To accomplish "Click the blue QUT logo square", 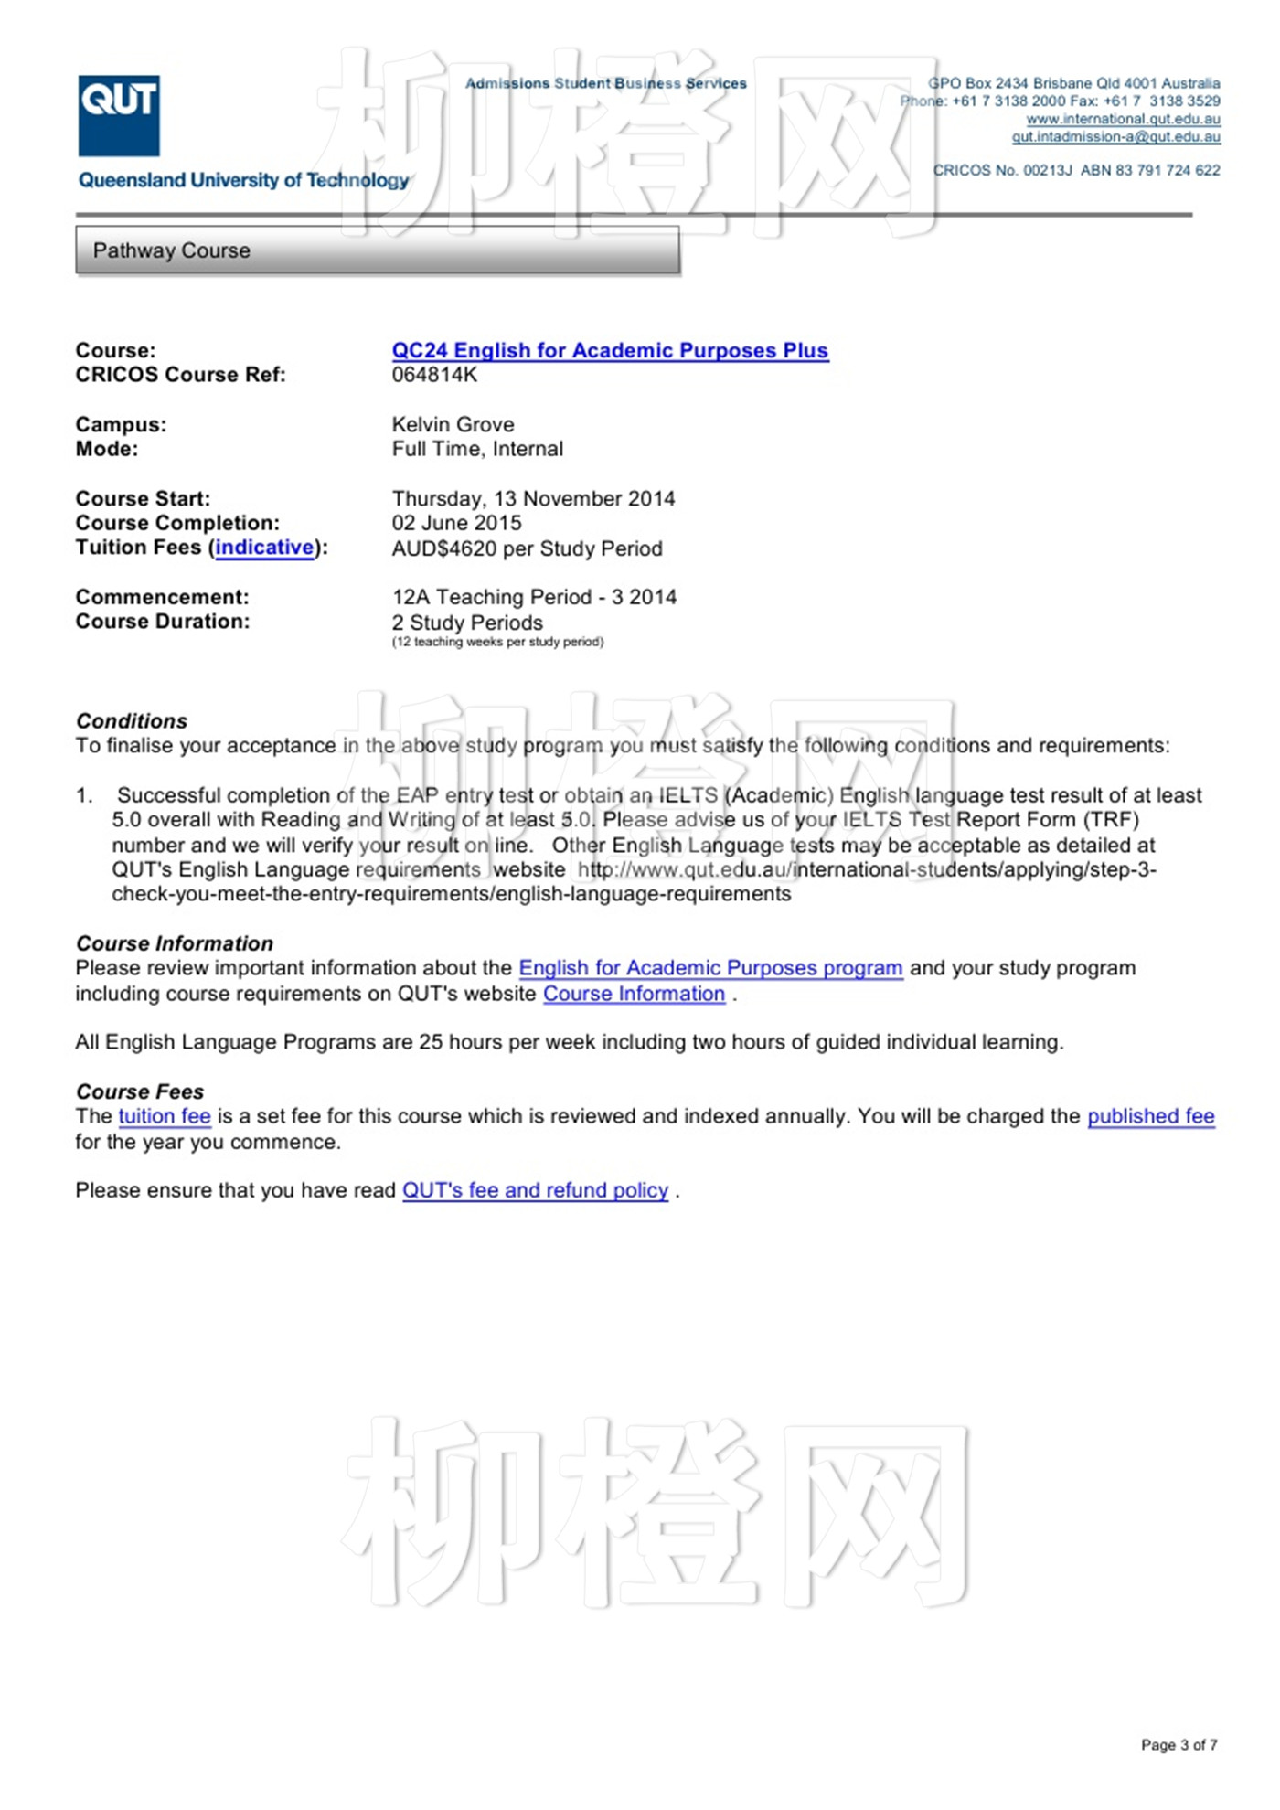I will click(x=119, y=115).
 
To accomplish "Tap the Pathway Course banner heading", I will click(x=171, y=250).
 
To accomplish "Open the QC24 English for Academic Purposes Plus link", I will click(x=610, y=350).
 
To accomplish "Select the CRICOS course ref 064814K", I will click(x=434, y=375).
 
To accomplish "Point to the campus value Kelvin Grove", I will click(x=453, y=424).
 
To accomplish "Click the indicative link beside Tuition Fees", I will click(x=264, y=548).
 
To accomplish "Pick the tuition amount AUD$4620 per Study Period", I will click(x=527, y=548).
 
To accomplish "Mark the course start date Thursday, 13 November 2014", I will click(x=533, y=499).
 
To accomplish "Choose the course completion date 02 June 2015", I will click(x=456, y=523).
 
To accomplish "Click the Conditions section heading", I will click(x=132, y=721).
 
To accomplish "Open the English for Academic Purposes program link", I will click(x=710, y=968).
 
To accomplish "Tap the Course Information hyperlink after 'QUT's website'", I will click(x=634, y=994).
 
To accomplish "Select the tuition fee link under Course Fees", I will click(x=165, y=1116).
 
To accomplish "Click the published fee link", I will click(x=1150, y=1116).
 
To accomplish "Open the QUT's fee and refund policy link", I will click(x=535, y=1190).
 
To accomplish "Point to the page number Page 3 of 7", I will click(x=1179, y=1745).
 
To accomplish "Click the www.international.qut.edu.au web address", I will click(x=1123, y=119).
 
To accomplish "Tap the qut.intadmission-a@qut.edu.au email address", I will click(x=1115, y=137).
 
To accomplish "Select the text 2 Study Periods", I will click(x=467, y=623).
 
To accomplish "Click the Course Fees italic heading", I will click(x=140, y=1091).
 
